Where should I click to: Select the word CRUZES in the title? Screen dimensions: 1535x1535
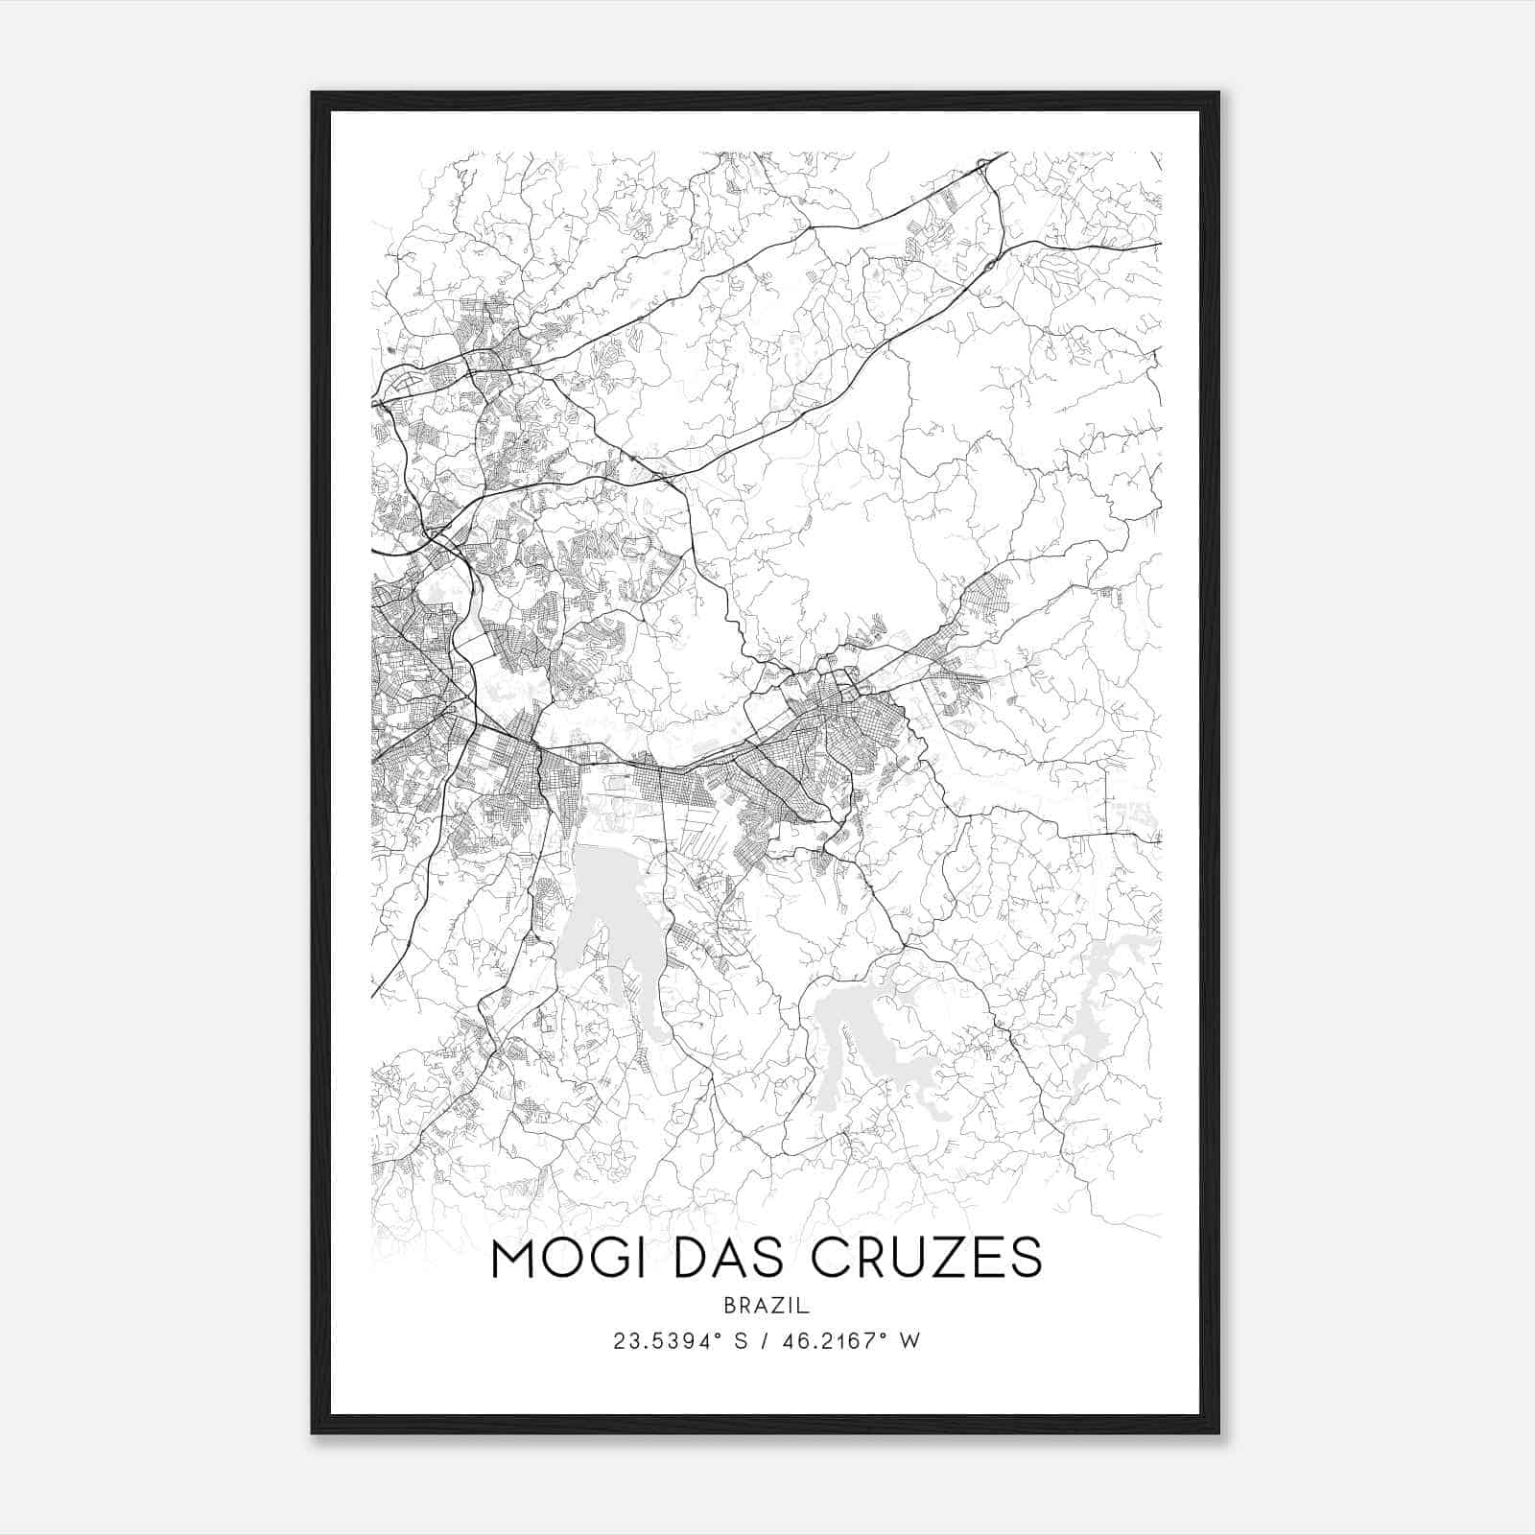point(921,1259)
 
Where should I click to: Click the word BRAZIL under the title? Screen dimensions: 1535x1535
point(767,1306)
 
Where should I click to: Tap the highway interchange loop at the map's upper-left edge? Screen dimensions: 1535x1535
point(401,381)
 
